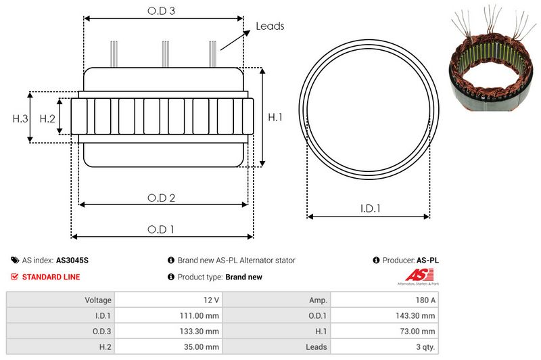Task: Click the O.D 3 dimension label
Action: click(161, 11)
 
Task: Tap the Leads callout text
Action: click(270, 26)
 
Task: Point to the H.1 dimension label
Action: click(275, 117)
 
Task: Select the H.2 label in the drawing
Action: click(47, 118)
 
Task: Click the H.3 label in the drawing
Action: click(20, 118)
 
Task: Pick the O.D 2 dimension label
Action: click(161, 198)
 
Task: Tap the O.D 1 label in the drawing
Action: click(161, 229)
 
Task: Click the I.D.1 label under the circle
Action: click(370, 208)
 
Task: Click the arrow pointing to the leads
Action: click(235, 40)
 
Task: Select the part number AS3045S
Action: click(72, 261)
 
